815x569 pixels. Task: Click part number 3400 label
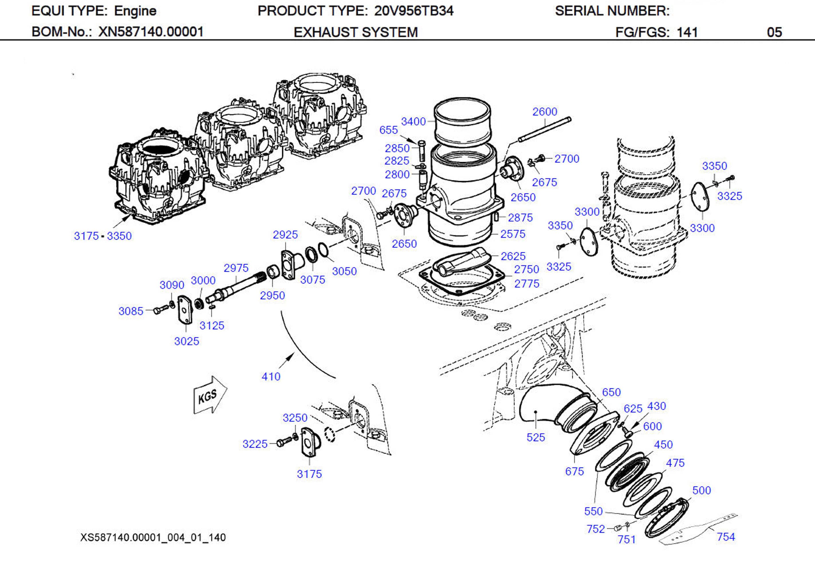[x=413, y=122]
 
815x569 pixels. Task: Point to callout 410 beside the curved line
[x=271, y=377]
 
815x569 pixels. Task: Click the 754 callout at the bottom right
[x=726, y=537]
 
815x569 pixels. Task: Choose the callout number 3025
[x=186, y=341]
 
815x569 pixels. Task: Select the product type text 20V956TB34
[x=414, y=11]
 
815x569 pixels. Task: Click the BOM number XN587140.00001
[x=151, y=32]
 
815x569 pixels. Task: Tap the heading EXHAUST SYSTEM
[x=356, y=32]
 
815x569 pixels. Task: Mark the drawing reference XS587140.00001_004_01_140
[x=153, y=538]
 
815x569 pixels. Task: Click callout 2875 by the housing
[x=520, y=218]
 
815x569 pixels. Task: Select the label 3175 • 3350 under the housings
[x=103, y=236]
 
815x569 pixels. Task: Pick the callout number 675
[x=574, y=471]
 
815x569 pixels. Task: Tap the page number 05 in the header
[x=774, y=32]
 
